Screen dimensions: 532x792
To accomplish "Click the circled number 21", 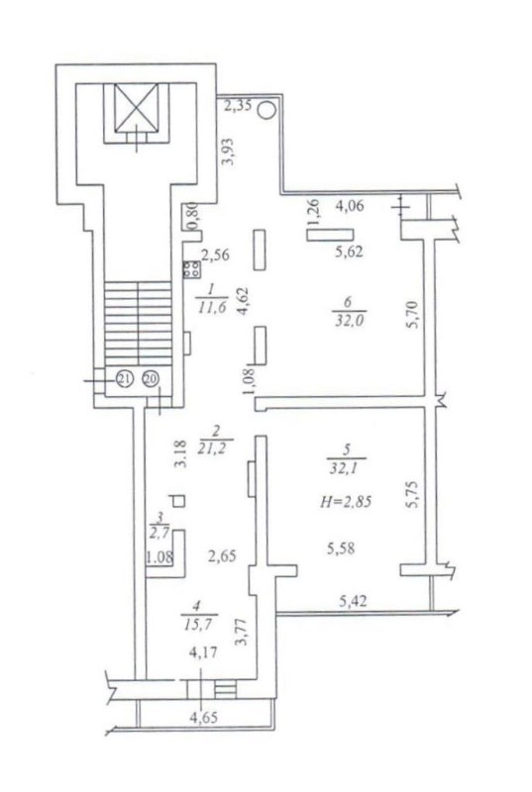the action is pyautogui.click(x=124, y=378).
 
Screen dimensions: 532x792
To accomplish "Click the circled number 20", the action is pyautogui.click(x=150, y=378).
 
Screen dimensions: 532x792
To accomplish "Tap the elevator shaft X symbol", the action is pyautogui.click(x=136, y=108).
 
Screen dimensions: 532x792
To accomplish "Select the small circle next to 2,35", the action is pyautogui.click(x=267, y=110).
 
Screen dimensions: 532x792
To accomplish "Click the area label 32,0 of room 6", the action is pyautogui.click(x=349, y=321).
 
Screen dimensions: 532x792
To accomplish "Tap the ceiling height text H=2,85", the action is pyautogui.click(x=346, y=502).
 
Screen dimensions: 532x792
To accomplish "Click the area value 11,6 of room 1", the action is pyautogui.click(x=211, y=307).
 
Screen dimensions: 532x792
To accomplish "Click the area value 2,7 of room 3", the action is pyautogui.click(x=160, y=533).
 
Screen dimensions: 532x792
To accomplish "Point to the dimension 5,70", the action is pyautogui.click(x=413, y=315).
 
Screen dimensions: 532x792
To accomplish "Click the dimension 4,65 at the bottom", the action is pyautogui.click(x=204, y=717).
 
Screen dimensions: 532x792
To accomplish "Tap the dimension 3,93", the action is pyautogui.click(x=229, y=151).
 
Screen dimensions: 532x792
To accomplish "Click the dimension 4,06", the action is pyautogui.click(x=350, y=206).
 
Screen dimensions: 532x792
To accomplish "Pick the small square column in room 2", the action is pyautogui.click(x=179, y=501).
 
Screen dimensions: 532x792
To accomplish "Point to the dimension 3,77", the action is pyautogui.click(x=245, y=632).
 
